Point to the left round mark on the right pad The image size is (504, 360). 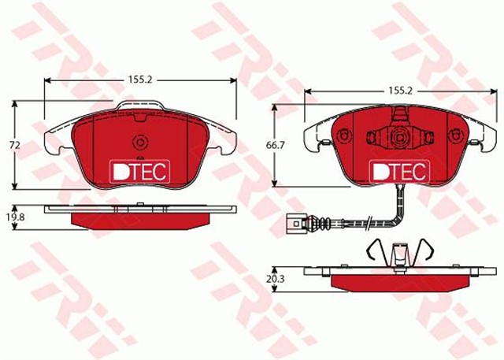(x=343, y=135)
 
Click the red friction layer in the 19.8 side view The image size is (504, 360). (x=140, y=218)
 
